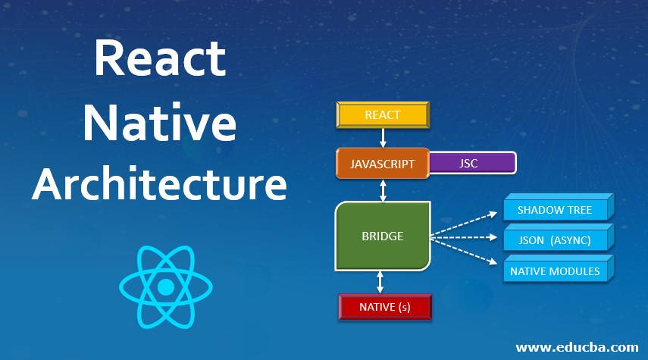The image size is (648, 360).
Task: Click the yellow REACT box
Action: (383, 115)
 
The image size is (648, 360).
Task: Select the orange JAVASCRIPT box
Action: (383, 163)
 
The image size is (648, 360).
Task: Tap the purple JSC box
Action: (473, 163)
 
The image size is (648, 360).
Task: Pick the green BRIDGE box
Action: (383, 236)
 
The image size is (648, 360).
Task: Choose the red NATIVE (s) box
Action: (385, 307)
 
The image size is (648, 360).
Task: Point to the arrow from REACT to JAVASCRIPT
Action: (383, 138)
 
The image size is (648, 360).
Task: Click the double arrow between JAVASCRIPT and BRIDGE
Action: (383, 190)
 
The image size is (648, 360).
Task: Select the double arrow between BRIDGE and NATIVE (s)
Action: (380, 282)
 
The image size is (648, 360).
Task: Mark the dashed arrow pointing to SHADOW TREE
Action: (464, 225)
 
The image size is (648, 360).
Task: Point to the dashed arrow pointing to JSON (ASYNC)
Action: (464, 237)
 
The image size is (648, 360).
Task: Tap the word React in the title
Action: (161, 58)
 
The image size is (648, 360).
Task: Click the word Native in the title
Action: (159, 123)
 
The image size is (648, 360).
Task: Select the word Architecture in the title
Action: (159, 184)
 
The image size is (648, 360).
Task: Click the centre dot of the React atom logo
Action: (166, 286)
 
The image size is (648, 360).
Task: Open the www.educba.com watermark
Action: (577, 347)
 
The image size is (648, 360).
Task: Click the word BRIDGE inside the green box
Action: (383, 236)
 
